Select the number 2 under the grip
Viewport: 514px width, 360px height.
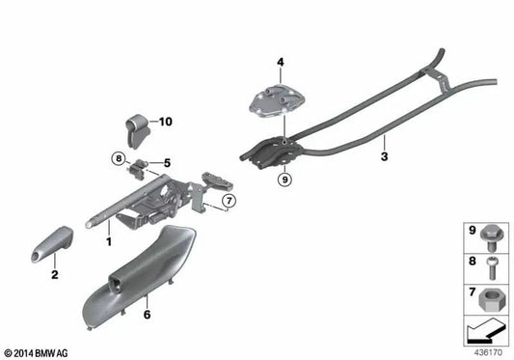pos(54,275)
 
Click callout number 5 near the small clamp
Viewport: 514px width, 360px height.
pos(166,162)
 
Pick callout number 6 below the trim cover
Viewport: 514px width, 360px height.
pos(148,314)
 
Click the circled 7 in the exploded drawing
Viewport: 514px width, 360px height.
pos(229,202)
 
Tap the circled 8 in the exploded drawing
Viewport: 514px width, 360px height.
pos(118,157)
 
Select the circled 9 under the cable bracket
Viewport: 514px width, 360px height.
pos(284,179)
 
